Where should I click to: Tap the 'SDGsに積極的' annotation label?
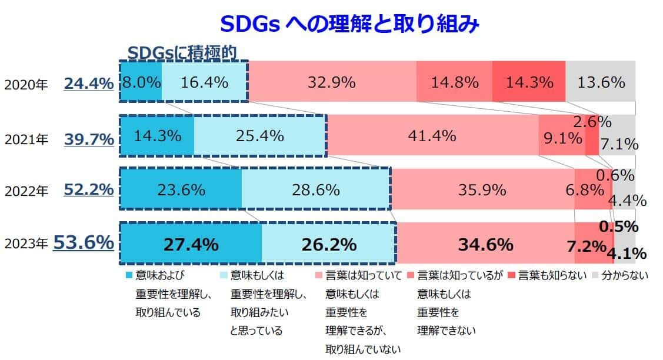click(x=182, y=52)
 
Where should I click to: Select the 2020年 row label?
click(x=26, y=85)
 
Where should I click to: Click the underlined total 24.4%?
click(x=88, y=84)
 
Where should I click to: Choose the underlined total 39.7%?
click(x=88, y=139)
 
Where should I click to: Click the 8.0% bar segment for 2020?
click(x=141, y=82)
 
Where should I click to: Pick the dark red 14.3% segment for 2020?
click(x=528, y=82)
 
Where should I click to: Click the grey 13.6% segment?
click(x=600, y=82)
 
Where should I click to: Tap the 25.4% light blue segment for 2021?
click(x=259, y=136)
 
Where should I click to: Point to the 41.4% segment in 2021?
click(x=432, y=136)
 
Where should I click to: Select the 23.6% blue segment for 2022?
click(x=181, y=190)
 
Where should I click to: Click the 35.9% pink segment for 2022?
click(x=482, y=190)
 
